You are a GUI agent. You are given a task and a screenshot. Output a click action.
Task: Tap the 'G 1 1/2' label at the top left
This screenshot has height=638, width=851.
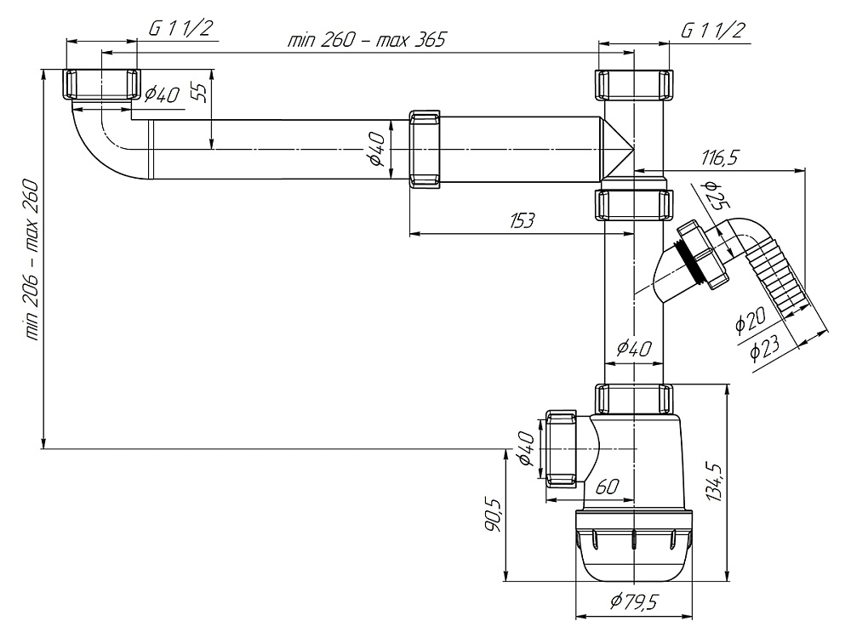coord(180,28)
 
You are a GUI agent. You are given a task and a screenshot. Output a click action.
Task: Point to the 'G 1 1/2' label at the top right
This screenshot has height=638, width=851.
coord(713,31)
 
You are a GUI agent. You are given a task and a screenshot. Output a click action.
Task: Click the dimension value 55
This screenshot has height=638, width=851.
coord(199,91)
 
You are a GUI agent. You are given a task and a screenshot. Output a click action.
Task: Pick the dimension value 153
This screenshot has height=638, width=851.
coord(522,220)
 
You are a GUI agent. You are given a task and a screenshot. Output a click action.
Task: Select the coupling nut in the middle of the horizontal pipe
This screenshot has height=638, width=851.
coord(425,148)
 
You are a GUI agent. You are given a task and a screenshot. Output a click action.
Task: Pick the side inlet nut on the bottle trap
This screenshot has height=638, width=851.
coord(561,449)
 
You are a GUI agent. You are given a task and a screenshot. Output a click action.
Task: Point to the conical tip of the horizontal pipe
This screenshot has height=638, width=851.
coord(619,149)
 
